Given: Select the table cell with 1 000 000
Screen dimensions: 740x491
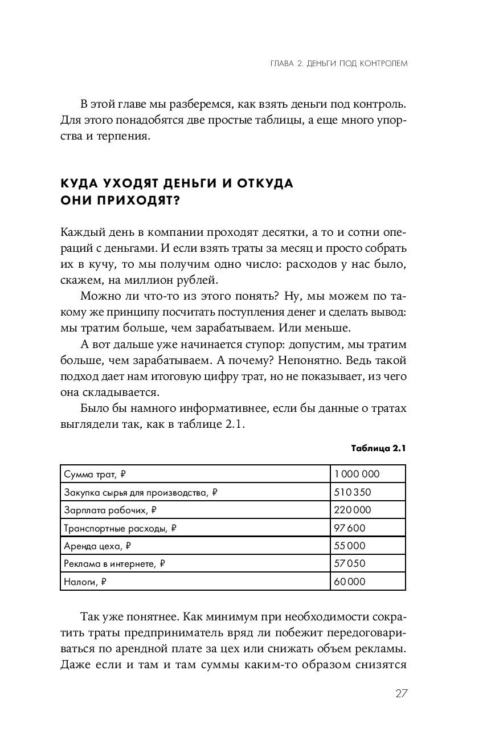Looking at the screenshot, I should (357, 474).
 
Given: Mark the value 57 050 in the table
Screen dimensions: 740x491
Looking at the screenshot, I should (350, 563).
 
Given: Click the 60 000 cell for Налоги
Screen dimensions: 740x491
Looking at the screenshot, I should (350, 582).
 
